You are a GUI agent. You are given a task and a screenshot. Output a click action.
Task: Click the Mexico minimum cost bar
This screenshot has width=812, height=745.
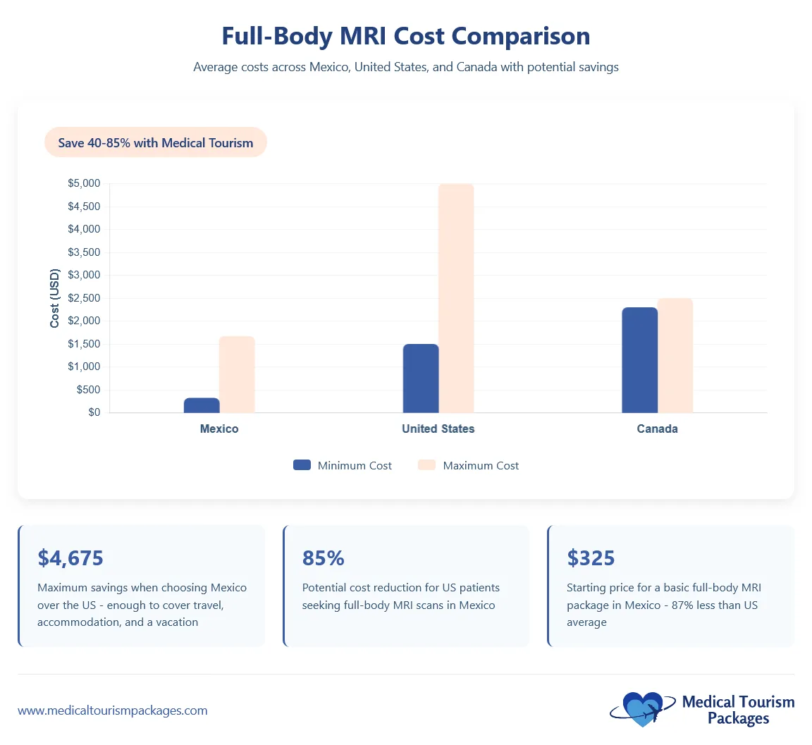click(202, 405)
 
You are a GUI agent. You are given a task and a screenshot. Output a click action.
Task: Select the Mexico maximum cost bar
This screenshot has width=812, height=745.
click(237, 374)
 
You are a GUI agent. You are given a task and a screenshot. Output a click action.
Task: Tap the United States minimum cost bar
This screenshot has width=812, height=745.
click(421, 378)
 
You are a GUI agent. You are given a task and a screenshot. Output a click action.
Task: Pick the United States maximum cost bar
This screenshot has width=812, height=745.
click(456, 298)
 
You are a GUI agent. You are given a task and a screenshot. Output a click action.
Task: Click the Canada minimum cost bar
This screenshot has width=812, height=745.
click(639, 360)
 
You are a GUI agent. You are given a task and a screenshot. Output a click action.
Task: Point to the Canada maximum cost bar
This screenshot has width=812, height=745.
click(675, 355)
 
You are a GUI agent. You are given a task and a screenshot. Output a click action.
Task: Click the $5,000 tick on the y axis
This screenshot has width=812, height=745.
click(84, 183)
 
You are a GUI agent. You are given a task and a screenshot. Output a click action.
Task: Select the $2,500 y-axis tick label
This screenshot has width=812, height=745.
click(84, 298)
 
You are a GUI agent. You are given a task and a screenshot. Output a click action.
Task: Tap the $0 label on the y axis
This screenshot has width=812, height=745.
click(94, 412)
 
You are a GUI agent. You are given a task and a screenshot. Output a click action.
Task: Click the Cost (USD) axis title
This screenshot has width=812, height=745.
click(55, 298)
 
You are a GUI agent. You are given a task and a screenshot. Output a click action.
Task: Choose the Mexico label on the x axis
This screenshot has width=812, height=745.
click(219, 429)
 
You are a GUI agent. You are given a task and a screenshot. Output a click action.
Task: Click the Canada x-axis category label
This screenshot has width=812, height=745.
click(657, 429)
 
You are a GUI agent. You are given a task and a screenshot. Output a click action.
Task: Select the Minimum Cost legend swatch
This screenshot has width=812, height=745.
click(302, 465)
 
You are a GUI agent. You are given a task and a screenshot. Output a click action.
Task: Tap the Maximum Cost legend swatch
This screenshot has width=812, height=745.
click(426, 465)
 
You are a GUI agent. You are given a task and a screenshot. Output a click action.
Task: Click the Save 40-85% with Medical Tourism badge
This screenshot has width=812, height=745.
click(156, 142)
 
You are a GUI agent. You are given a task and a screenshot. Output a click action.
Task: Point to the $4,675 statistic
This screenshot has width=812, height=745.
click(70, 558)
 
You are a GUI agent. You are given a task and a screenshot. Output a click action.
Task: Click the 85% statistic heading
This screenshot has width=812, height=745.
click(324, 558)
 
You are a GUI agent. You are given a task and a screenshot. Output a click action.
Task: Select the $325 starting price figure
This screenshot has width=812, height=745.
click(591, 558)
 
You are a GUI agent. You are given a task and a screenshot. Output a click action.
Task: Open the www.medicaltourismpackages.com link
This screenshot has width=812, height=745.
click(113, 710)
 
